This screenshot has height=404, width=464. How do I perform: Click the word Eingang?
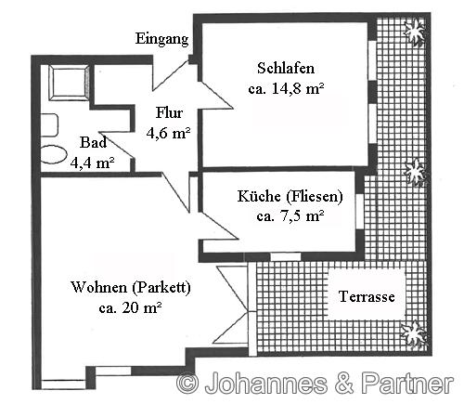click(162, 39)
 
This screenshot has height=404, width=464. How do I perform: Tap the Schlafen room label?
click(285, 68)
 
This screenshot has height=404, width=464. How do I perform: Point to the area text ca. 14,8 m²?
click(286, 90)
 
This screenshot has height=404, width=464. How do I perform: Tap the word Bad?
click(93, 143)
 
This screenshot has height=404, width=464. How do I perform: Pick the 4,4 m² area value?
click(92, 162)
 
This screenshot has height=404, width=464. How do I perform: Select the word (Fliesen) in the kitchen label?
click(312, 196)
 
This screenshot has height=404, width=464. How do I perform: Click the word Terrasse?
click(367, 297)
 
